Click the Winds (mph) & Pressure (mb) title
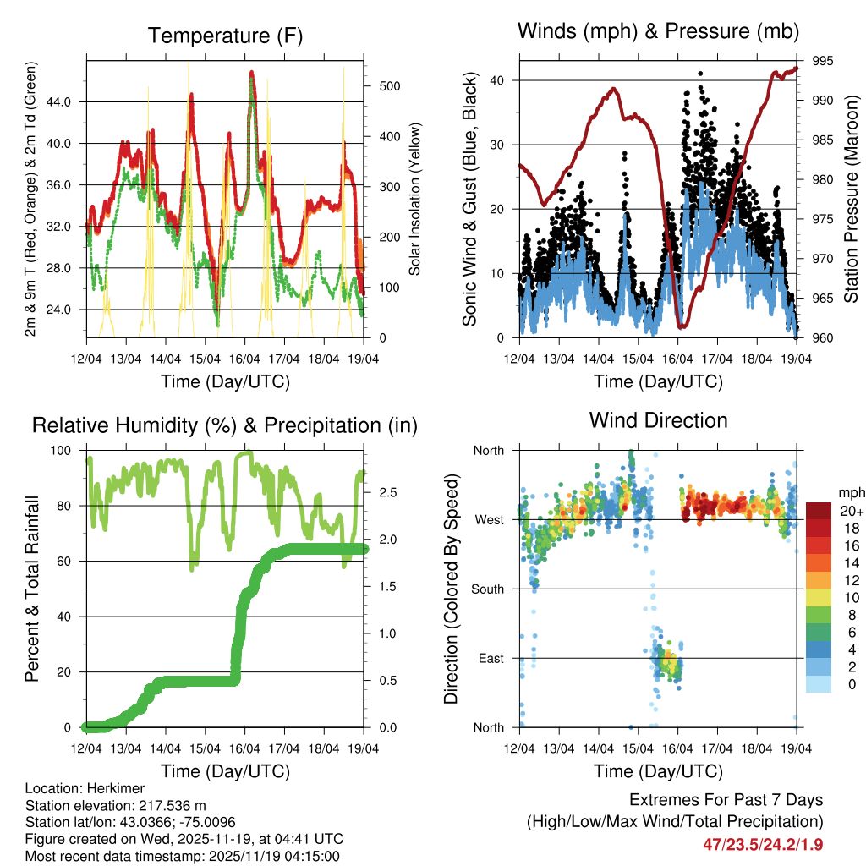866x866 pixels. pyautogui.click(x=659, y=31)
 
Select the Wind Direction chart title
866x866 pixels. pyautogui.click(x=658, y=419)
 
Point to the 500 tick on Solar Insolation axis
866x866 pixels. pyautogui.click(x=390, y=86)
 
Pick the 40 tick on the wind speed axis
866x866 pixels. pyautogui.click(x=502, y=80)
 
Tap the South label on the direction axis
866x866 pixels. pyautogui.click(x=488, y=589)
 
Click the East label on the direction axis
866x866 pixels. pyautogui.click(x=491, y=658)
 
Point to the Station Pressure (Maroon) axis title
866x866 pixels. pyautogui.click(x=851, y=198)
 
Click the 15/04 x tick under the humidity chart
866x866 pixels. pyautogui.click(x=205, y=748)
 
